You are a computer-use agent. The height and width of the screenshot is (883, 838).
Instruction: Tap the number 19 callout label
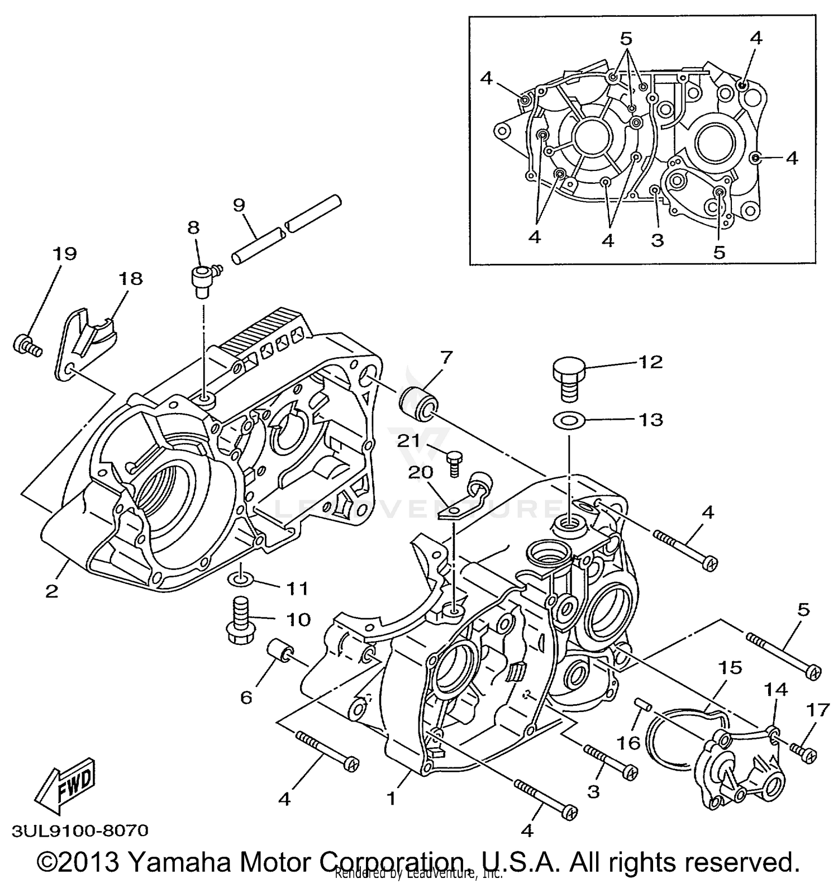[64, 254]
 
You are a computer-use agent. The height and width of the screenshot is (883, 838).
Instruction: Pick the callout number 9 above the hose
[239, 205]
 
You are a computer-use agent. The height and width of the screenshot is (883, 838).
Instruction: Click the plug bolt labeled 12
[569, 378]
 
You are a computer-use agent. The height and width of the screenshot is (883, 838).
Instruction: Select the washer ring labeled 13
[569, 419]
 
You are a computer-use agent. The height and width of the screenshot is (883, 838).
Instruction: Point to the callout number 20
[421, 473]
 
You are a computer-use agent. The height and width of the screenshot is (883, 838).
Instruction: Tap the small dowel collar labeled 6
[279, 651]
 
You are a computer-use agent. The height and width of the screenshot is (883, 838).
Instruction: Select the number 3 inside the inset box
[658, 240]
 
